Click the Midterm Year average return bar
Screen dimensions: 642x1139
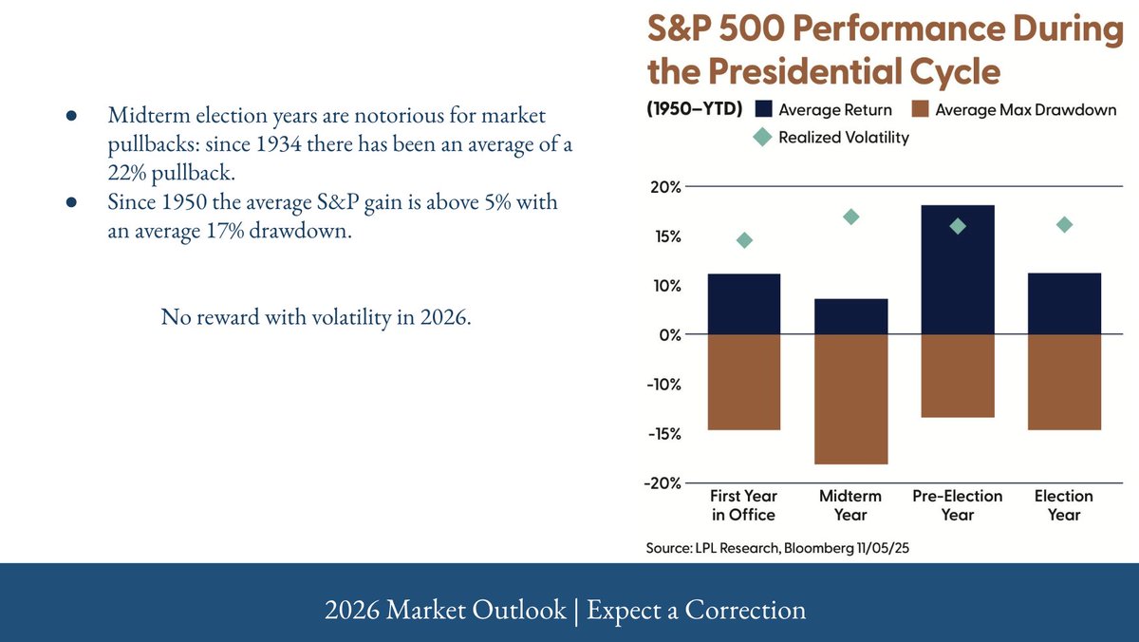850,317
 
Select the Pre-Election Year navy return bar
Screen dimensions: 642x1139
957,270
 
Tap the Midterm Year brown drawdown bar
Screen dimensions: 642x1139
850,399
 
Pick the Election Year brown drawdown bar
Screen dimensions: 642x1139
1064,382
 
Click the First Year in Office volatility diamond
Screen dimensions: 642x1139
744,240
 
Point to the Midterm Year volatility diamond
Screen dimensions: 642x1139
850,217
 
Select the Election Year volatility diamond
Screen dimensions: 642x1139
1064,224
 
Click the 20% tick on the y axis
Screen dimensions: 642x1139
667,187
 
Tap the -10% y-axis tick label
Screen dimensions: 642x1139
663,385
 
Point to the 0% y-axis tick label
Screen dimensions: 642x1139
670,335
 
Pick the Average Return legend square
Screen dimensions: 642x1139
763,109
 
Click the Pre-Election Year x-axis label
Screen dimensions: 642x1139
957,505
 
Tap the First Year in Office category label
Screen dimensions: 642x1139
743,505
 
